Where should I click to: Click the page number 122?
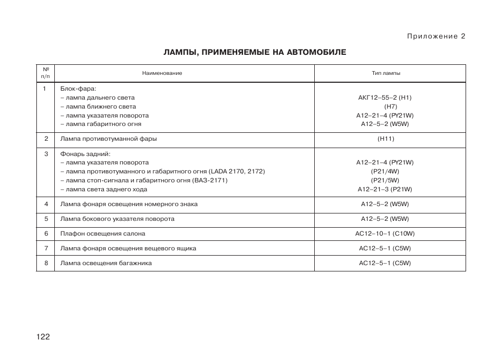coord(43,337)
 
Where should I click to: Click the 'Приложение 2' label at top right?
coord(436,36)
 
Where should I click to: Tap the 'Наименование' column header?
coord(162,73)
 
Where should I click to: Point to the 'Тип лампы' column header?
coord(385,73)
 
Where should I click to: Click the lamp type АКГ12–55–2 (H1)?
coord(385,98)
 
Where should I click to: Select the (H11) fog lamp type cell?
coord(385,139)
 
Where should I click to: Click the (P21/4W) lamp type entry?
coord(385,171)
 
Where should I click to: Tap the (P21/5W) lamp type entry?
coord(385,180)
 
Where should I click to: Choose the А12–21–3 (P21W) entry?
coord(385,189)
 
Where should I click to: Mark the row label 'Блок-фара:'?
coord(78,89)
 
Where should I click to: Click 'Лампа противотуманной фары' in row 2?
coord(109,139)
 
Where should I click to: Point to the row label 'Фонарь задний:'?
coord(85,154)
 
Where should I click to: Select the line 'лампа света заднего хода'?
coord(104,189)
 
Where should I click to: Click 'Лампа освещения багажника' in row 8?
coord(106,263)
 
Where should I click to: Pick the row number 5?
coord(46,219)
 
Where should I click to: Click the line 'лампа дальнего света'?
coord(98,98)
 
